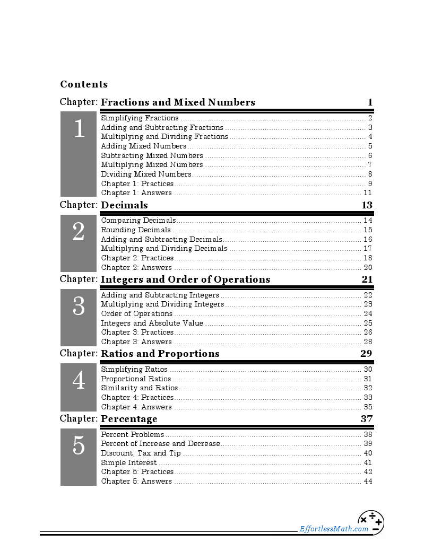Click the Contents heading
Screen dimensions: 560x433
(x=84, y=84)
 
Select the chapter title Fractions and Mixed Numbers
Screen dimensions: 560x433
(x=178, y=102)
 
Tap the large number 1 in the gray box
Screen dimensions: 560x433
(x=79, y=129)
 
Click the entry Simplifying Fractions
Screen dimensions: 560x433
(x=140, y=118)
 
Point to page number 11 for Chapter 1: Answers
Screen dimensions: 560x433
(x=368, y=193)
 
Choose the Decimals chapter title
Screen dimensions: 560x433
(x=124, y=205)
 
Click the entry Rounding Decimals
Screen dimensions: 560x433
(x=136, y=230)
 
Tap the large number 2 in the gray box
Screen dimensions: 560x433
(x=79, y=232)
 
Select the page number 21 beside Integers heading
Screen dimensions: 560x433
(x=367, y=279)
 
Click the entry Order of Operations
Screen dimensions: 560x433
(x=136, y=314)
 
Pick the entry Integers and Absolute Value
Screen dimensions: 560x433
(x=152, y=323)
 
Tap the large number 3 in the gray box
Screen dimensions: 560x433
(x=79, y=307)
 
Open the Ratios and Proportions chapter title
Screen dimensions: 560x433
(x=160, y=354)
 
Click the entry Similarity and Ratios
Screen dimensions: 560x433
(x=139, y=388)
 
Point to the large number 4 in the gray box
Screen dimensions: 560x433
(x=79, y=381)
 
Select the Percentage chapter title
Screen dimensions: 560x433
(x=129, y=419)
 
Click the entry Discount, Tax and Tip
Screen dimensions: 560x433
(x=141, y=453)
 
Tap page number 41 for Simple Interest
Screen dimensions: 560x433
(x=368, y=463)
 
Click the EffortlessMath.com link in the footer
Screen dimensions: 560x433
(x=334, y=529)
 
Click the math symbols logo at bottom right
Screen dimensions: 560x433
(x=371, y=522)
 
